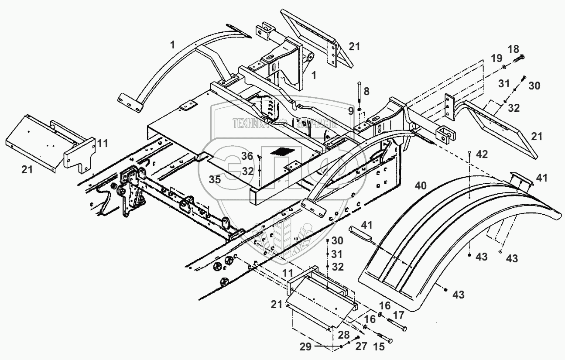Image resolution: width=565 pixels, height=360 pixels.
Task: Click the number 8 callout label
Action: tap(366, 92)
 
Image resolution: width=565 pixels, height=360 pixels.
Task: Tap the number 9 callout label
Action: tap(351, 111)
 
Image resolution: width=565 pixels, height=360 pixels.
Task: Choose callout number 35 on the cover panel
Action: tap(214, 179)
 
